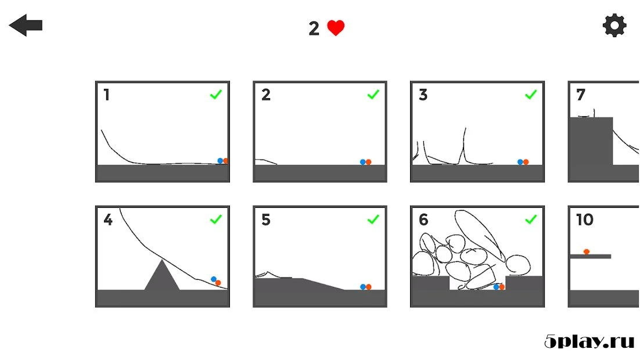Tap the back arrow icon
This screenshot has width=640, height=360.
(x=26, y=26)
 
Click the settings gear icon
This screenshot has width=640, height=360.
(x=614, y=26)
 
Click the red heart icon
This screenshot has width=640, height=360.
(x=336, y=28)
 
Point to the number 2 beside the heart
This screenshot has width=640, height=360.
(x=314, y=28)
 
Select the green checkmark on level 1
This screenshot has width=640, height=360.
(x=216, y=95)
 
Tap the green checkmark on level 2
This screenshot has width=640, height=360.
(x=373, y=95)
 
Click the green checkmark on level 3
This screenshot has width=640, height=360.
(x=531, y=95)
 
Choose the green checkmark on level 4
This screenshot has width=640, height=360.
(x=216, y=219)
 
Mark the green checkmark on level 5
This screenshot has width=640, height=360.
(x=373, y=219)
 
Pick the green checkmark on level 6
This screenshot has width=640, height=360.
(x=531, y=219)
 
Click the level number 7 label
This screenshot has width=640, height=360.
(x=581, y=95)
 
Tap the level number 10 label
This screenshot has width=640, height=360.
(x=584, y=220)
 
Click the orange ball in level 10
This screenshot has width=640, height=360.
(x=587, y=251)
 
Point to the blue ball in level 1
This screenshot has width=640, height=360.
(x=220, y=161)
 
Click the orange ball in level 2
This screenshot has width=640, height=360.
(x=368, y=162)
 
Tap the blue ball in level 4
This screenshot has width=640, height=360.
(x=214, y=279)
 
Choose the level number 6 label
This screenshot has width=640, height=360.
(x=423, y=220)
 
